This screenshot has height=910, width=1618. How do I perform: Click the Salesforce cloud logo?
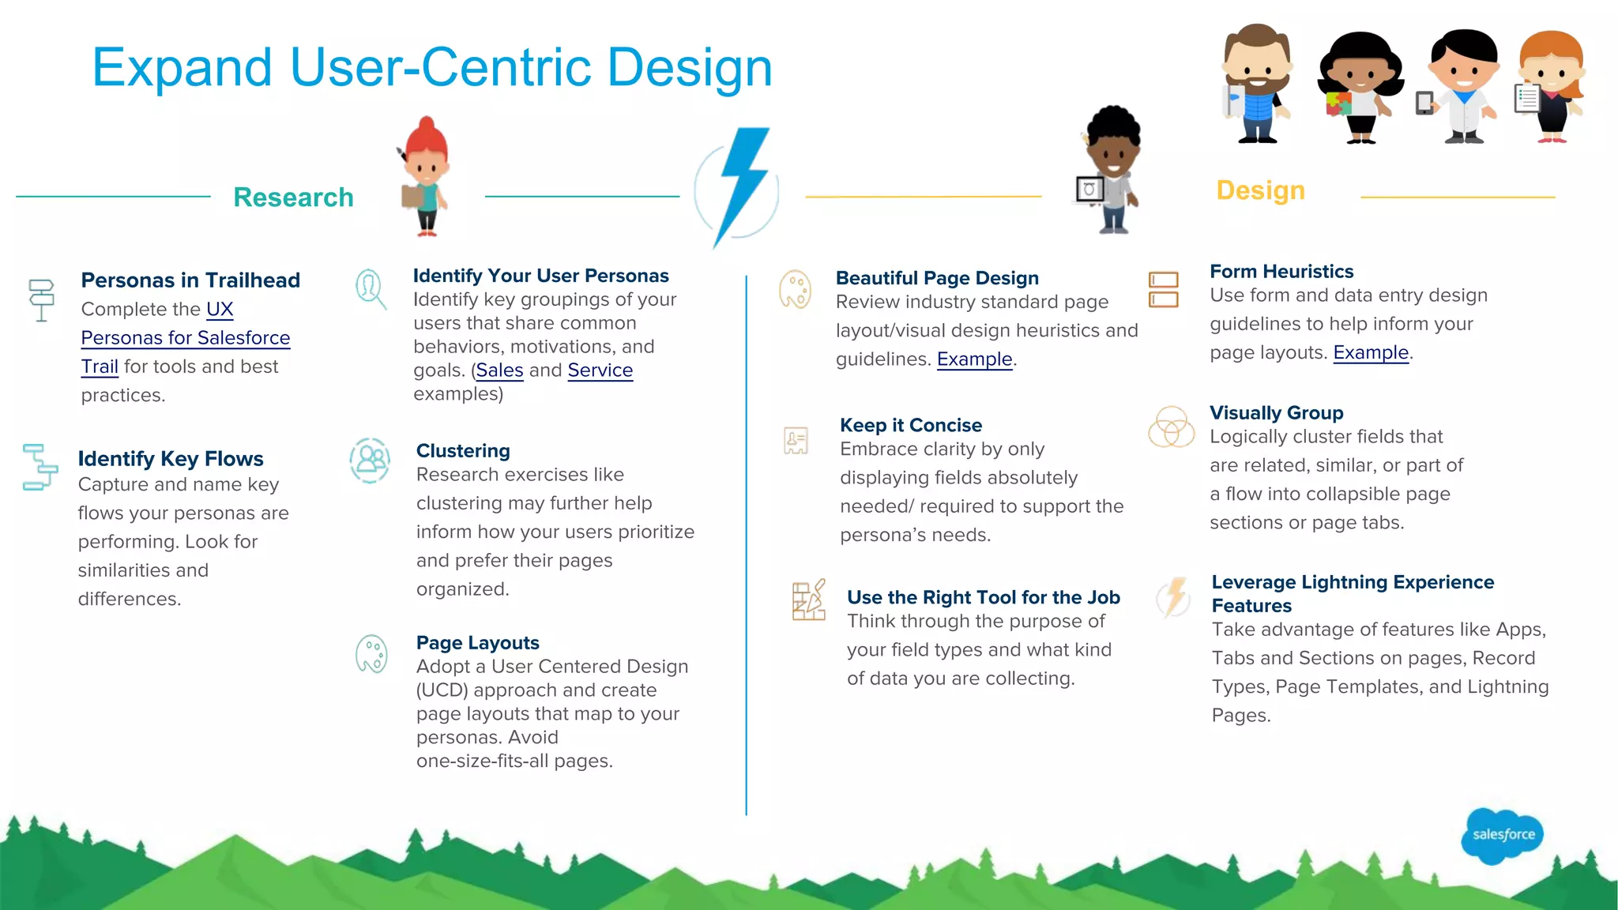(1502, 835)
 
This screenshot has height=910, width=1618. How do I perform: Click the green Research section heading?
(293, 197)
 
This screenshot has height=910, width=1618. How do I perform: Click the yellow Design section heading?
(1260, 190)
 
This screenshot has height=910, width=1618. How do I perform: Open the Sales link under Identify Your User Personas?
(499, 370)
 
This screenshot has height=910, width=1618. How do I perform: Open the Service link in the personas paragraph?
(600, 370)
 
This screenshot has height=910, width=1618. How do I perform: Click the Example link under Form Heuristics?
(1371, 353)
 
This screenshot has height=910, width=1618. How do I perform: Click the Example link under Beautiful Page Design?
(974, 359)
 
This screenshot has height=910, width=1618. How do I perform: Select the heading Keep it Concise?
(910, 425)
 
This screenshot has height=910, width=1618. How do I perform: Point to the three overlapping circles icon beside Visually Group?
(1171, 427)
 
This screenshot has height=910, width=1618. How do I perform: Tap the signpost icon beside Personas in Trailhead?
(41, 299)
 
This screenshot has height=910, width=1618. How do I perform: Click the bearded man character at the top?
(1257, 84)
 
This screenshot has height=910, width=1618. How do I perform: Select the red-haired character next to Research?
(426, 177)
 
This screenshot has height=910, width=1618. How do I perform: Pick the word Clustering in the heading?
(463, 451)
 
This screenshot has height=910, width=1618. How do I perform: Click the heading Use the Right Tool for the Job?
(983, 597)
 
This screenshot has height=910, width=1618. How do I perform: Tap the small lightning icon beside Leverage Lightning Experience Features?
(1175, 596)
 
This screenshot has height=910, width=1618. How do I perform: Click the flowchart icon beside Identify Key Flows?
(40, 467)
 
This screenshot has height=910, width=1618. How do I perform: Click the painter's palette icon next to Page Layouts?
(371, 654)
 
